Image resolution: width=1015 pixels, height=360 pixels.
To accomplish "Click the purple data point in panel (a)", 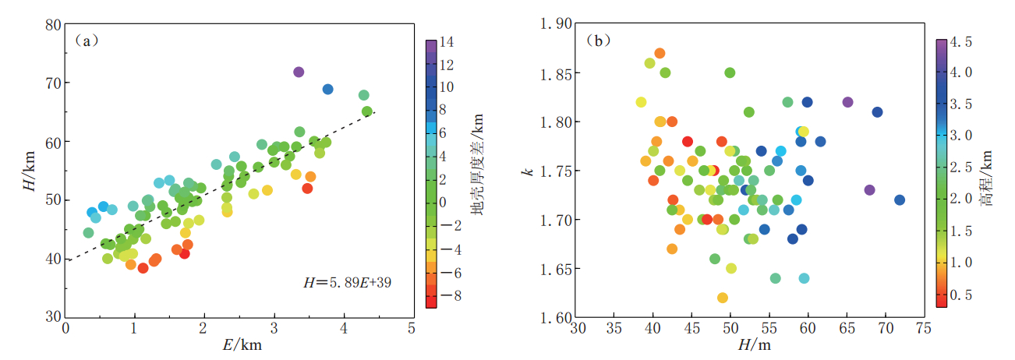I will pyautogui.click(x=299, y=72).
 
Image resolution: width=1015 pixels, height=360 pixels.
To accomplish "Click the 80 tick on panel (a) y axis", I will pyautogui.click(x=54, y=24).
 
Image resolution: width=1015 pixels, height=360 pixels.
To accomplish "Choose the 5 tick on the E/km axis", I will pyautogui.click(x=412, y=328).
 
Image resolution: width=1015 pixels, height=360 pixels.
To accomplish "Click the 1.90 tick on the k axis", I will pyautogui.click(x=556, y=24).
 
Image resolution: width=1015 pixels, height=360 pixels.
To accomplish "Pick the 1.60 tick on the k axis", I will pyautogui.click(x=556, y=318).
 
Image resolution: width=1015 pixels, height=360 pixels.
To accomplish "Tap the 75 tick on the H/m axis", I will pyautogui.click(x=924, y=328).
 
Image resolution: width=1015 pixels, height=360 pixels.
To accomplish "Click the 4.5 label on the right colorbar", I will pyautogui.click(x=962, y=41).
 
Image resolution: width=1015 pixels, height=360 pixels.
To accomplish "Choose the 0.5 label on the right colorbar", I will pyautogui.click(x=962, y=295).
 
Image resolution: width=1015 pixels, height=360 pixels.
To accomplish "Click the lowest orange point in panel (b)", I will pyautogui.click(x=722, y=298).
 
